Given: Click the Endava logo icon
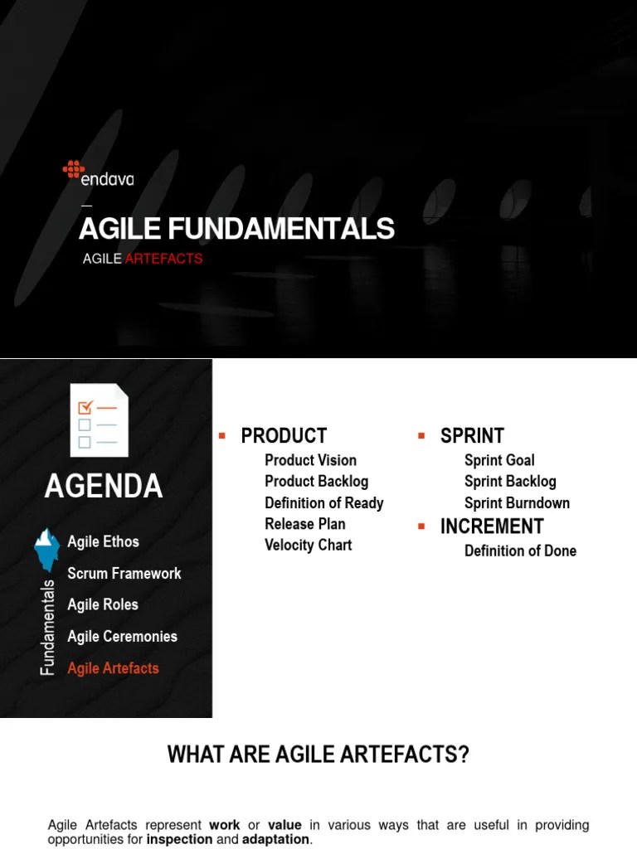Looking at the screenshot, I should pyautogui.click(x=73, y=169).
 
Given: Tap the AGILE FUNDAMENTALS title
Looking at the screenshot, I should pyautogui.click(x=236, y=229).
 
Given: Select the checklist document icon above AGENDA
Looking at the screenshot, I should pyautogui.click(x=99, y=420).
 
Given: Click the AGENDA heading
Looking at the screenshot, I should pyautogui.click(x=103, y=487).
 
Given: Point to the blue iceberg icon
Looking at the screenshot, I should pyautogui.click(x=46, y=549).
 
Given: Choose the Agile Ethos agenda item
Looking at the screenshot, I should pyautogui.click(x=103, y=542).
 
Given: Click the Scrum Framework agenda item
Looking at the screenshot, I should pyautogui.click(x=124, y=574).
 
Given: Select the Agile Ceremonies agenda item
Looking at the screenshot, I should pyautogui.click(x=122, y=637).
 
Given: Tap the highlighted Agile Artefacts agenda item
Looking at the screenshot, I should pyautogui.click(x=113, y=668).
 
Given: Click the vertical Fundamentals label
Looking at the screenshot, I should pyautogui.click(x=48, y=627).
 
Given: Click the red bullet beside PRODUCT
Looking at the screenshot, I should pyautogui.click(x=222, y=435).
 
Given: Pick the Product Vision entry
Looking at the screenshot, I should pyautogui.click(x=310, y=460).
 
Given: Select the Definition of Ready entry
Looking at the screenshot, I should pyautogui.click(x=323, y=502).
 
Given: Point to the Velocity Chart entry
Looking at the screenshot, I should pyautogui.click(x=308, y=545).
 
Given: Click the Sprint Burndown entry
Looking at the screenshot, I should pyautogui.click(x=517, y=502).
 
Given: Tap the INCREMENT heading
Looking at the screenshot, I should pyautogui.click(x=492, y=526).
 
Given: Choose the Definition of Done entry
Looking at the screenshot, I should pyautogui.click(x=520, y=551).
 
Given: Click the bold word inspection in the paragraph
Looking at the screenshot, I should pyautogui.click(x=179, y=839).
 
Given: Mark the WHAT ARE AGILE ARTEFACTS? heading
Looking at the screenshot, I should pyautogui.click(x=318, y=754).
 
